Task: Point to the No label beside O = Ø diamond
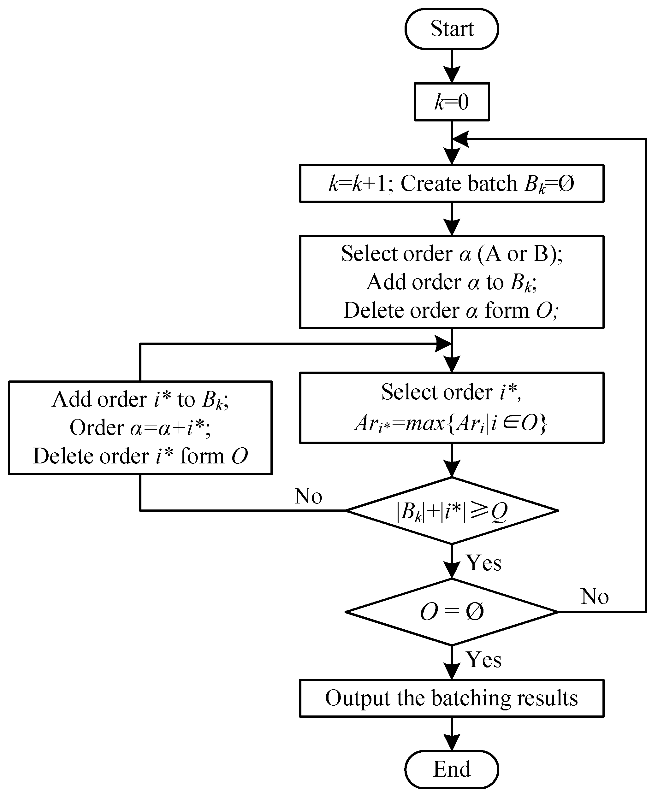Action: tap(595, 596)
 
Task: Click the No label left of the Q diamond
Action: tap(308, 496)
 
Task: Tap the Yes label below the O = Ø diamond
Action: tap(484, 660)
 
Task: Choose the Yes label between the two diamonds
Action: tap(484, 563)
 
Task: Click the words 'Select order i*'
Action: tap(451, 392)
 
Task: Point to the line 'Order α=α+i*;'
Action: tap(140, 427)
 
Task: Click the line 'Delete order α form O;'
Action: tap(451, 310)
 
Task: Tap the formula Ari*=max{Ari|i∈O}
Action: tap(451, 423)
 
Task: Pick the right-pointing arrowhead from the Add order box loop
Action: tap(443, 344)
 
